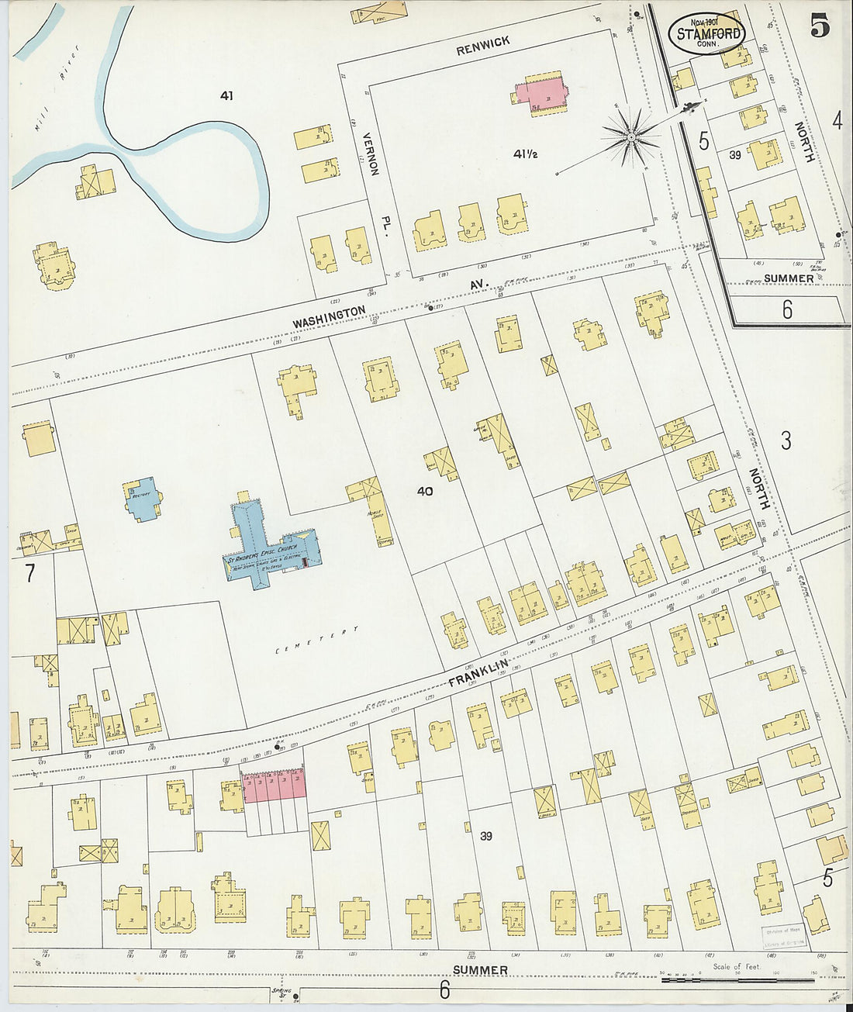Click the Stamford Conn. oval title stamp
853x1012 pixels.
point(706,33)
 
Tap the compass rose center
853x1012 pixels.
point(632,137)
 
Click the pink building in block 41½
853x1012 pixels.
point(544,95)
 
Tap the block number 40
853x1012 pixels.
point(424,492)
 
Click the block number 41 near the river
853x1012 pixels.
point(226,96)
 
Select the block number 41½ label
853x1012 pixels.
point(525,154)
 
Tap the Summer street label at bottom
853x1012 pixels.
point(480,969)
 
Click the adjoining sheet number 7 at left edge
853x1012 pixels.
point(30,575)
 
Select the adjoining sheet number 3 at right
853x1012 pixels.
point(786,441)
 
